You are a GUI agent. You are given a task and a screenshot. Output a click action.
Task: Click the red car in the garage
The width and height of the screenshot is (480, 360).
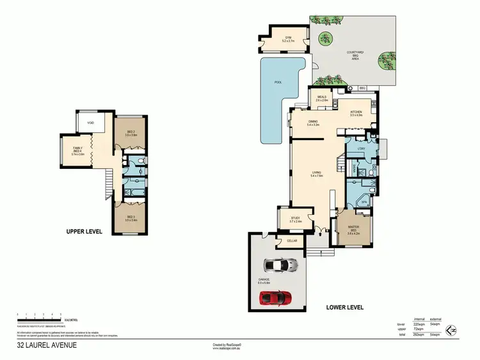[275, 298]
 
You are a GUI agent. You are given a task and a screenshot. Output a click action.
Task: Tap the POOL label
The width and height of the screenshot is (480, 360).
[277, 82]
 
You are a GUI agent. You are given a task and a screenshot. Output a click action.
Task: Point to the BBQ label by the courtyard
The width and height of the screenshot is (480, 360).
[362, 88]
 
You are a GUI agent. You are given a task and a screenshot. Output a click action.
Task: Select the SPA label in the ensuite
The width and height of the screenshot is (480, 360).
[363, 202]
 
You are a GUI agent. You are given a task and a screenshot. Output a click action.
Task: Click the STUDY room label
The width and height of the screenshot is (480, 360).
[295, 219]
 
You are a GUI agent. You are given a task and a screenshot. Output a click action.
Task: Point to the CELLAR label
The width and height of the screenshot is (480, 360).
[292, 240]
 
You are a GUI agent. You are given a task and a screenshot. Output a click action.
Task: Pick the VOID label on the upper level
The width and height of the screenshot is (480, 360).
[90, 123]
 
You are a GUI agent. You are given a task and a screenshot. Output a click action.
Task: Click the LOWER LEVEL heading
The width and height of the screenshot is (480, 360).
[344, 308]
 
